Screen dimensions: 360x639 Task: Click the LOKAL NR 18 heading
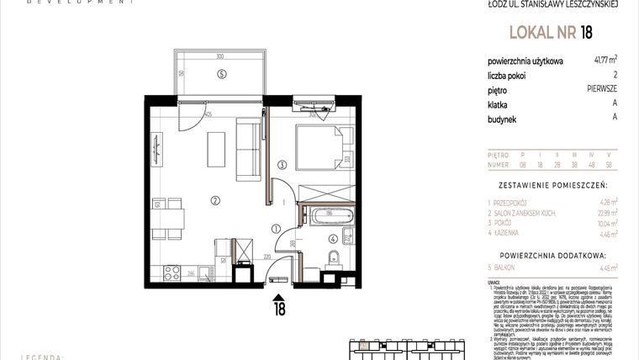(551, 33)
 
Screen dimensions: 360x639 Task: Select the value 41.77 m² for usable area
(605, 60)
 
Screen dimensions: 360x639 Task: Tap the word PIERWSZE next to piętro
(603, 88)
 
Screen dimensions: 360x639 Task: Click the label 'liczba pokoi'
(508, 74)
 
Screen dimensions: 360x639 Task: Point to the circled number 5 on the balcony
(221, 74)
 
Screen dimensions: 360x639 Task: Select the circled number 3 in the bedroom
(283, 164)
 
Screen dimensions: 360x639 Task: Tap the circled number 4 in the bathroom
(333, 238)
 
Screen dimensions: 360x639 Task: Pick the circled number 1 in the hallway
(277, 229)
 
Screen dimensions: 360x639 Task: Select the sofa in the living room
(249, 150)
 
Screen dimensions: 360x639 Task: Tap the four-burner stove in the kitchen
(172, 273)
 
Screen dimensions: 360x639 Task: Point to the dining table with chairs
(168, 216)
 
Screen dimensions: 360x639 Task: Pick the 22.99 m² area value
(605, 214)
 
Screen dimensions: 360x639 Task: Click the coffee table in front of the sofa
(217, 149)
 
